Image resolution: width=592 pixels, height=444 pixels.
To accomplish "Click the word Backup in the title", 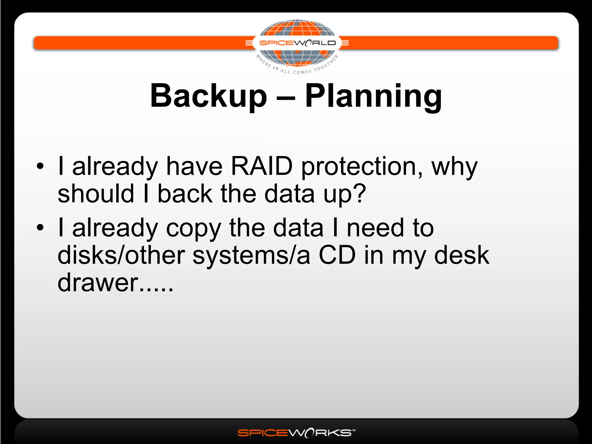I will pos(208,96).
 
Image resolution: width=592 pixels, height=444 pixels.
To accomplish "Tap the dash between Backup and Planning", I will pos(286,98).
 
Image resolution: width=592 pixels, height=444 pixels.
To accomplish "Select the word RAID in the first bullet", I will pos(262,166).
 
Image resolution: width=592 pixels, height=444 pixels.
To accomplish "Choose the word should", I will pos(96,193).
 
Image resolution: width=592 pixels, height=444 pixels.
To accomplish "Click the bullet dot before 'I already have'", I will pos(40,166).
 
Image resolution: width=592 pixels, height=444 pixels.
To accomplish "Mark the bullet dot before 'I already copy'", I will pos(40,227).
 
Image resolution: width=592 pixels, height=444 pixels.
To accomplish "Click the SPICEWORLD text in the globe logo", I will pos(297,43).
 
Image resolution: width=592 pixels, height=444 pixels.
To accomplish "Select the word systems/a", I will pos(251,256).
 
